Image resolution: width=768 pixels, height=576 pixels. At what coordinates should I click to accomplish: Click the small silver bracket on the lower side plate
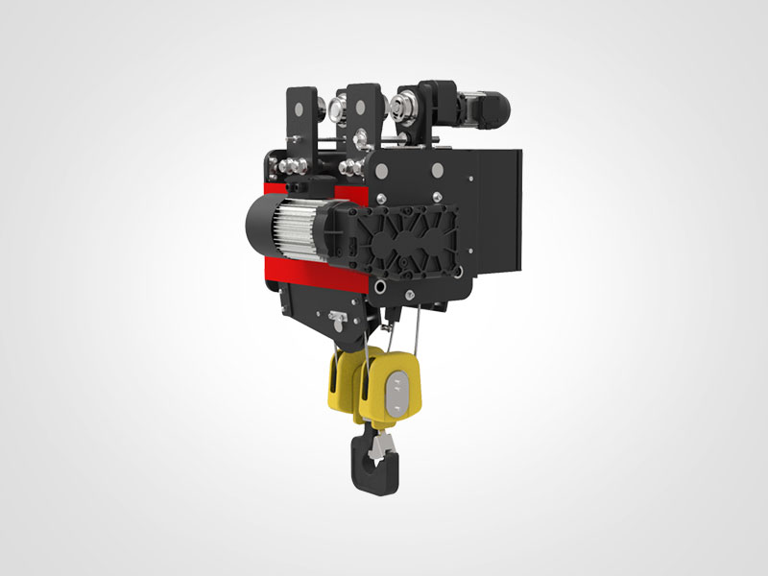coord(337,318)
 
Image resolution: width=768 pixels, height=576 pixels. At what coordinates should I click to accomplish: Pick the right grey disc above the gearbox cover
coord(438,170)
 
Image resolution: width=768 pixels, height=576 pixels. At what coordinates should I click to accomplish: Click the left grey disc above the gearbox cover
coord(382,171)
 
